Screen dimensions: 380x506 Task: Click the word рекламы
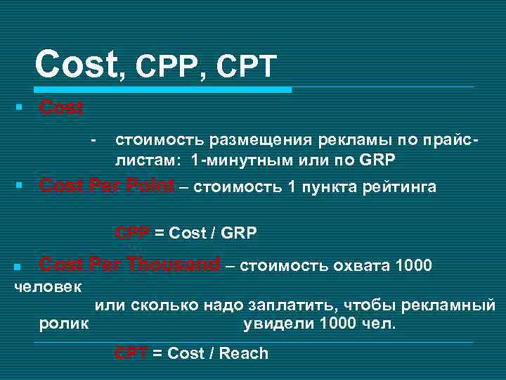320,143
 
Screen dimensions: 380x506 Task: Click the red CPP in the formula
130,233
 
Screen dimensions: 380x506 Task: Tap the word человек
48,287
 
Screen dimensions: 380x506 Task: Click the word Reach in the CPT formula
244,353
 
